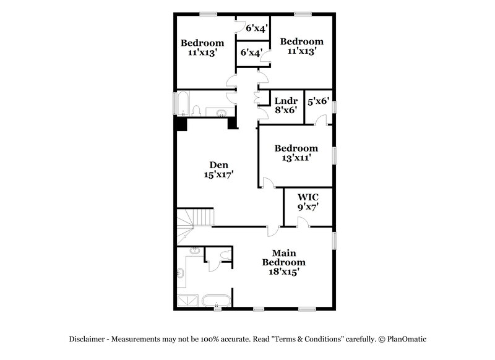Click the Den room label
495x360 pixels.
(218, 165)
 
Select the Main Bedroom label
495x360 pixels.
(288, 257)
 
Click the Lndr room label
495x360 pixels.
(286, 101)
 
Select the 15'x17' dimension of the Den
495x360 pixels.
(218, 175)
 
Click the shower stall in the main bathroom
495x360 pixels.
(188, 301)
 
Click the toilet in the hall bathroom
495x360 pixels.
(197, 111)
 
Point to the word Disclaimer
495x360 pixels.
(87, 339)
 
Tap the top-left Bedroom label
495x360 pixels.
(202, 43)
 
